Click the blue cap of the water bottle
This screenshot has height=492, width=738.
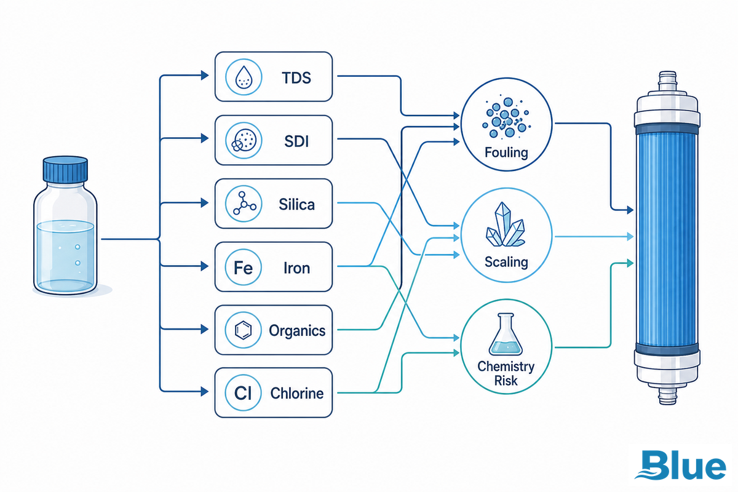65,169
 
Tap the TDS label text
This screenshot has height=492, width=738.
296,77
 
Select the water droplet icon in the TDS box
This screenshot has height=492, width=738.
244,77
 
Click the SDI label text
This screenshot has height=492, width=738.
296,141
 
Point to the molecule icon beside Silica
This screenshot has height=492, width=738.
244,204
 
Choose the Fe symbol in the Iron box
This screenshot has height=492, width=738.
243,268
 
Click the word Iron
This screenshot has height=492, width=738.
296,268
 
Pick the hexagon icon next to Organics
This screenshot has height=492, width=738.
243,330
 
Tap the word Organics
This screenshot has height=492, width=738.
297,331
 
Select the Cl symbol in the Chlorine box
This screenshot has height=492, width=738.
243,393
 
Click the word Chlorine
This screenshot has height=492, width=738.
297,393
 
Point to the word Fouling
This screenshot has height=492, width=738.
506,153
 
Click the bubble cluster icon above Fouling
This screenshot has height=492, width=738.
506,117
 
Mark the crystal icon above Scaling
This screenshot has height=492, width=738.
506,224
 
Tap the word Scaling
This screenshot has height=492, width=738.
506,263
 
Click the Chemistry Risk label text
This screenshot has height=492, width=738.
506,373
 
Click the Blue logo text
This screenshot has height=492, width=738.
680,465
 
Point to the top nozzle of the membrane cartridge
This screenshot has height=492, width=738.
667,82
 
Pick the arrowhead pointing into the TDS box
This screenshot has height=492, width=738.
205,76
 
